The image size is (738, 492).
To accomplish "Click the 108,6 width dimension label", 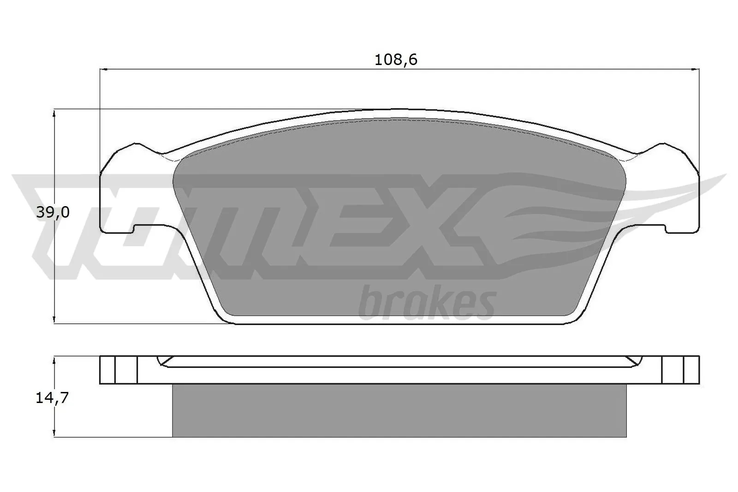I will pos(396,60).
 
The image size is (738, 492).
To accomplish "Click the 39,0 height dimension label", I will pos(53,213).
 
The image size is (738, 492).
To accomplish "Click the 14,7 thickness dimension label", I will pos(52,398).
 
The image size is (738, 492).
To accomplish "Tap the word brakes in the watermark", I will pos(427,304).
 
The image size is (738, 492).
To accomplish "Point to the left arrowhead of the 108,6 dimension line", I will pos(103,70).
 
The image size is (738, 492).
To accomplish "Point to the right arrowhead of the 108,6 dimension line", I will pos(696,70).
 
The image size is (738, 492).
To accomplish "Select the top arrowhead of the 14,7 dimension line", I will pos(54,359).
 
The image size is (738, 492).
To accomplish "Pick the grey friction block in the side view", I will pos(399,410).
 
